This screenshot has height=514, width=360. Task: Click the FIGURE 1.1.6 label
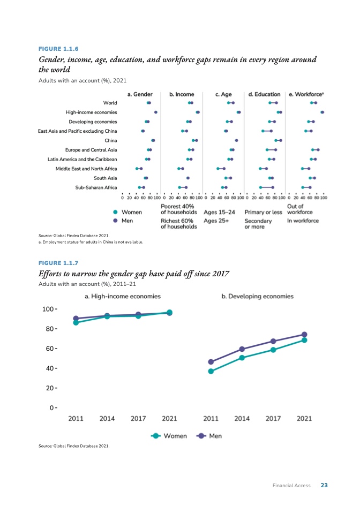58,49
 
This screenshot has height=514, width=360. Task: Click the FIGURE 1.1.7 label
58,263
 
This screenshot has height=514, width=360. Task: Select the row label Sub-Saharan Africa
96,187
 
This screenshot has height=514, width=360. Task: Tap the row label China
111,140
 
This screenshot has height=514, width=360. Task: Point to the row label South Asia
106,178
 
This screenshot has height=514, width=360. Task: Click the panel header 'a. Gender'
140,94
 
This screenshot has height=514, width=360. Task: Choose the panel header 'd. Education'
265,94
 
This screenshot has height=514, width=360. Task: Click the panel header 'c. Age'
223,94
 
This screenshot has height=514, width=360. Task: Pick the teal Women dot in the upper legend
115,212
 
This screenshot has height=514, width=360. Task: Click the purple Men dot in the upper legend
115,220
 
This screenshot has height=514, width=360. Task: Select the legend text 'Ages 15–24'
219,213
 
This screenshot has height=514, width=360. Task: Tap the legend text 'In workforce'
303,221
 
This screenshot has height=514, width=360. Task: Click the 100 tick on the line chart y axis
49,309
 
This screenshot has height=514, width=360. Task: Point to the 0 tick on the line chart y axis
52,407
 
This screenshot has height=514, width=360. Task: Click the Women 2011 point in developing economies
211,371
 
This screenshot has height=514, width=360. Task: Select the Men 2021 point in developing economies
304,335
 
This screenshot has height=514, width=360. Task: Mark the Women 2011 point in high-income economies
76,322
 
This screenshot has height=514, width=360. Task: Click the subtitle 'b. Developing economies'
258,296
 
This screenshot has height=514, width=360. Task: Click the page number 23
324,486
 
